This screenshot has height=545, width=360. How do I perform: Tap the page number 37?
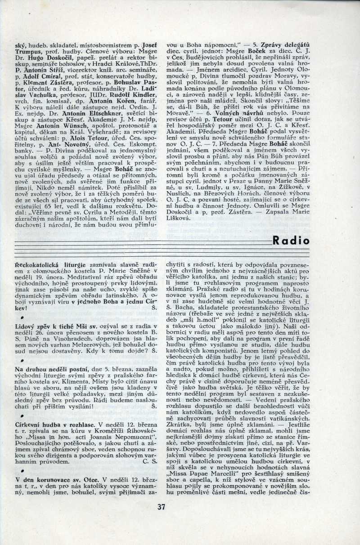tap(162, 507)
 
